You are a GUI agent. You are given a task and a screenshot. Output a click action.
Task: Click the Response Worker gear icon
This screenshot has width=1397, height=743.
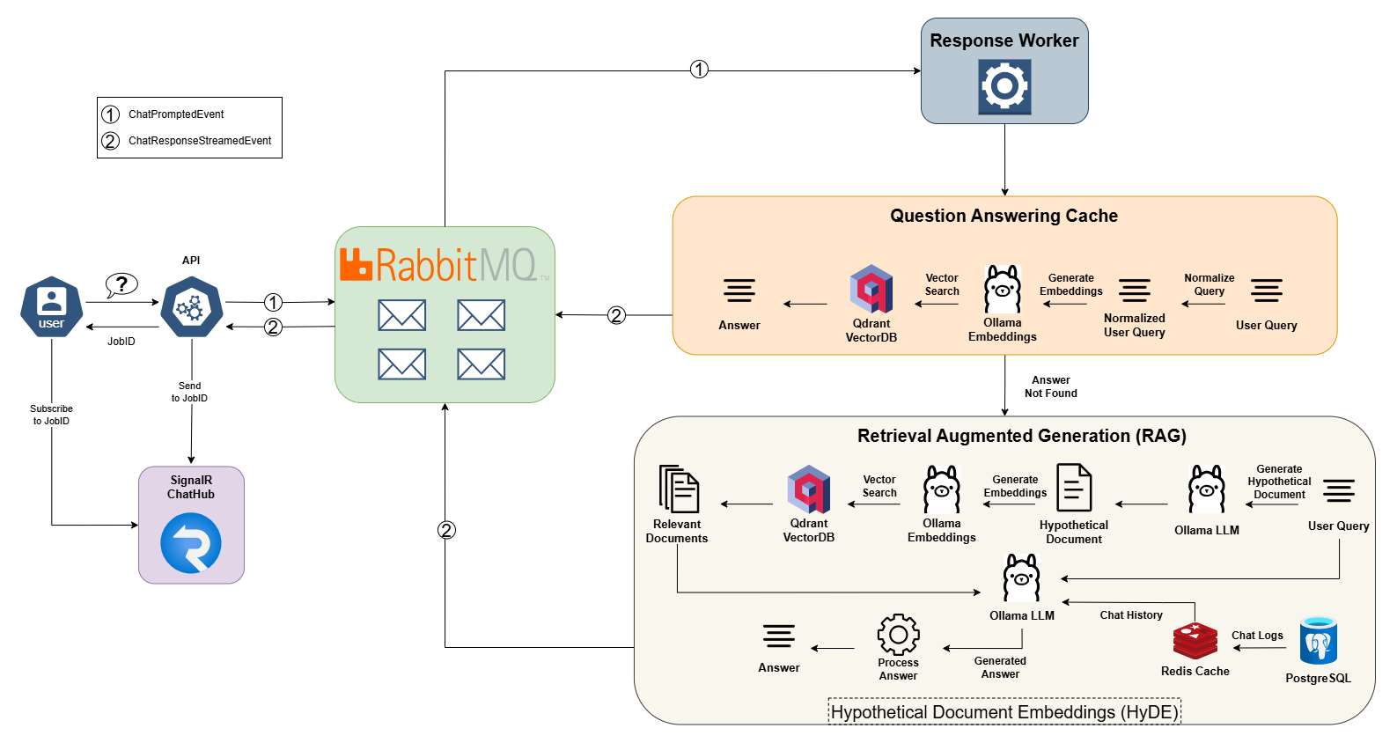pyautogui.click(x=1004, y=86)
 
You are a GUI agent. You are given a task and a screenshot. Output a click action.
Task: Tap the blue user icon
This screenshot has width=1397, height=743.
pyautogui.click(x=52, y=306)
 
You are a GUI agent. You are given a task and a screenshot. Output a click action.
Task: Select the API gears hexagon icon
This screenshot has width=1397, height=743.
pyautogui.click(x=191, y=306)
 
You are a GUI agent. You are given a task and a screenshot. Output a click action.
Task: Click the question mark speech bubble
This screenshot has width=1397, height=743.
pyautogui.click(x=121, y=284)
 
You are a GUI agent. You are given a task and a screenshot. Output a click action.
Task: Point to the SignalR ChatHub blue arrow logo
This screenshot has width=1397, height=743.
pyautogui.click(x=191, y=543)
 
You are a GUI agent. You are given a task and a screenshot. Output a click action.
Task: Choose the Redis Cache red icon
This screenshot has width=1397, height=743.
pyautogui.click(x=1195, y=641)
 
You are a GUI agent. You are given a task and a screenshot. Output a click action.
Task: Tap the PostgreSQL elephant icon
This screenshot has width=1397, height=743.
pyautogui.click(x=1318, y=641)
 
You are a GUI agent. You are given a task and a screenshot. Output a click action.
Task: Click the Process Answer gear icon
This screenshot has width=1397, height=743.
pyautogui.click(x=898, y=635)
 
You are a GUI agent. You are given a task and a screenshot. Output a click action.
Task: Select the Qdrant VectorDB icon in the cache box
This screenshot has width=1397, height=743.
pyautogui.click(x=871, y=290)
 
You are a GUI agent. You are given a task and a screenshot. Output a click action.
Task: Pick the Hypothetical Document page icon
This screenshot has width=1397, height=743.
pyautogui.click(x=1074, y=488)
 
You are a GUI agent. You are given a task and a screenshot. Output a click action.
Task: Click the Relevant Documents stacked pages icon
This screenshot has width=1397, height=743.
pyautogui.click(x=679, y=489)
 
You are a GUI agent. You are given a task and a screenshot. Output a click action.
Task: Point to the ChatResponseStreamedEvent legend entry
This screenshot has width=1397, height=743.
pyautogui.click(x=200, y=141)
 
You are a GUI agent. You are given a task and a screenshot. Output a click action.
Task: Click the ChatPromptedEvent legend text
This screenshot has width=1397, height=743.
pyautogui.click(x=176, y=114)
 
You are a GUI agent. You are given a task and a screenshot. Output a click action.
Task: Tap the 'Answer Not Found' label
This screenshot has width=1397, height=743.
pyautogui.click(x=1051, y=387)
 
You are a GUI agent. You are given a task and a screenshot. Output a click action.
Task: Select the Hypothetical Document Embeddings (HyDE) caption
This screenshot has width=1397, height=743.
pyautogui.click(x=1004, y=712)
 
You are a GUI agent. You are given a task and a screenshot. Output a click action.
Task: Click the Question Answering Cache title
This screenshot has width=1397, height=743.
pyautogui.click(x=1004, y=216)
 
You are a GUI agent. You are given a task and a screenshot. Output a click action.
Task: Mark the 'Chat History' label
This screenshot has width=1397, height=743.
pyautogui.click(x=1131, y=615)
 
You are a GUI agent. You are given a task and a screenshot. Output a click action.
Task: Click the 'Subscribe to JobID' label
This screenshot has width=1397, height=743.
pyautogui.click(x=51, y=415)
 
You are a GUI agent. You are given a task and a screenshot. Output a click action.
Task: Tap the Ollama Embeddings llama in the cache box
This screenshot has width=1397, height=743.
pyautogui.click(x=1002, y=290)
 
